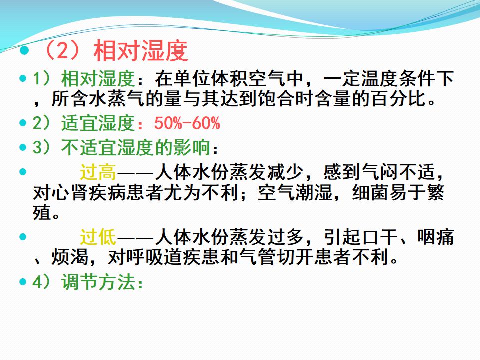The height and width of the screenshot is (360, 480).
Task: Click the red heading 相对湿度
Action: pyautogui.click(x=141, y=51)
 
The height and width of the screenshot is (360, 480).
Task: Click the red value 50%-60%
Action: pyautogui.click(x=187, y=123)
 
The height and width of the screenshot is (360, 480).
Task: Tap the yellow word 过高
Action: pyautogui.click(x=98, y=172)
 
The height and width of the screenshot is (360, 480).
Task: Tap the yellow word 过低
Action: pyautogui.click(x=98, y=237)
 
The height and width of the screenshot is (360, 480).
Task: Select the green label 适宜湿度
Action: pyautogui.click(x=98, y=123)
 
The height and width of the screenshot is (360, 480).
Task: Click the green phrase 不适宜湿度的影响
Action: pyautogui.click(x=135, y=147)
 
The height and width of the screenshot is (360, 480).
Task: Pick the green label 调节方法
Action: pyautogui.click(x=98, y=282)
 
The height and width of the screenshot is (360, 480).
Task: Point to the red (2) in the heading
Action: pyautogui.click(x=63, y=51)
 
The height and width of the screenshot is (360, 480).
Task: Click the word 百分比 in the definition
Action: pyautogui.click(x=400, y=98)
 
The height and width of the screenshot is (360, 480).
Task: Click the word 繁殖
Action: pyautogui.click(x=436, y=193)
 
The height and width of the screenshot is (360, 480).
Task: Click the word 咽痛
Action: pyautogui.click(x=436, y=237)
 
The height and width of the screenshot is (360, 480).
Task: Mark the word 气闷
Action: pyautogui.click(x=380, y=172)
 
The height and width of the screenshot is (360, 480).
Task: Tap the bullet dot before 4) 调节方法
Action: pyautogui.click(x=23, y=281)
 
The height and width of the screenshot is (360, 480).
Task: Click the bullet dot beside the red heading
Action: pyautogui.click(x=24, y=51)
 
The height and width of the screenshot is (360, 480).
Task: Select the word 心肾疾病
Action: pyautogui.click(x=89, y=193)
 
